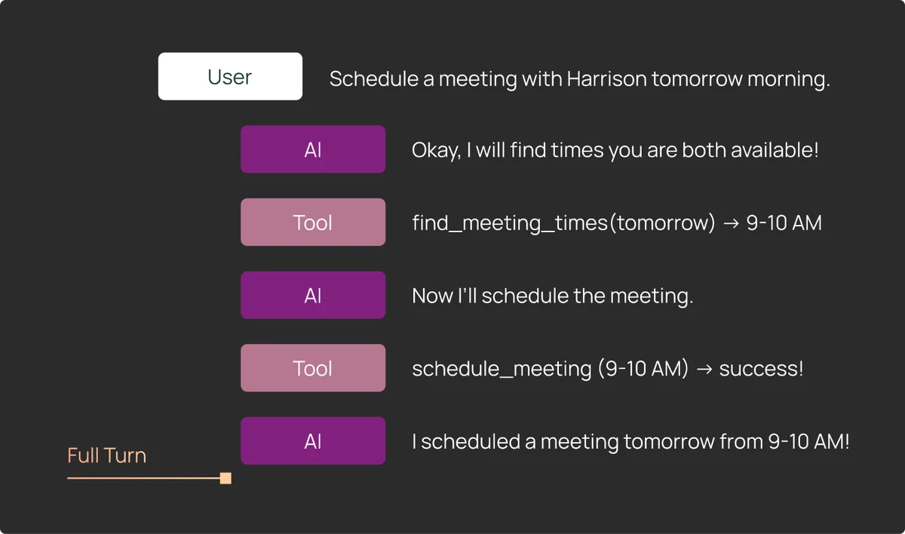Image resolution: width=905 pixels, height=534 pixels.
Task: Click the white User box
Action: tap(230, 76)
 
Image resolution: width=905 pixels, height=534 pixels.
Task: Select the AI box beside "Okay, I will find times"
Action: tap(313, 149)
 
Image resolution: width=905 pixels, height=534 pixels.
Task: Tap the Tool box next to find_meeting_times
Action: tap(313, 222)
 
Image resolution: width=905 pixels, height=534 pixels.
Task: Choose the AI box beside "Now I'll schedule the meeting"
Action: tap(313, 295)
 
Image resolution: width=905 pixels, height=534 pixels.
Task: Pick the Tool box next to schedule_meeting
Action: tap(313, 368)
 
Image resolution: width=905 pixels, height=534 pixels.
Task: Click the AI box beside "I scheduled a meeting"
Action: tap(313, 440)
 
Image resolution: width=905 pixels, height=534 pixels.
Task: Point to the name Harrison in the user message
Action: tap(607, 78)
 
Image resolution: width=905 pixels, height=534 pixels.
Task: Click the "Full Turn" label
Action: tap(106, 456)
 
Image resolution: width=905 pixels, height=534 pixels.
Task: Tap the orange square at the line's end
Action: tap(225, 478)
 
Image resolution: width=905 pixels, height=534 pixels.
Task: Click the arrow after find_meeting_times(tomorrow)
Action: tap(731, 223)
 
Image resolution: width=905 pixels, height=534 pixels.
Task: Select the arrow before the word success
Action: tap(704, 369)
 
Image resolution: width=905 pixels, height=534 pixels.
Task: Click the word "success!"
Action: tap(761, 369)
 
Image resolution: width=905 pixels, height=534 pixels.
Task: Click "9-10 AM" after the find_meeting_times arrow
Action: tap(784, 223)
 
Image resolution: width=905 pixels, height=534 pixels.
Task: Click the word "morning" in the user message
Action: tap(788, 79)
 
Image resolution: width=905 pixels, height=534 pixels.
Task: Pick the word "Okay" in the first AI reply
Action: tap(437, 151)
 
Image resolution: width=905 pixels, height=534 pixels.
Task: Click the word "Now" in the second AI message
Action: tap(432, 296)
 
